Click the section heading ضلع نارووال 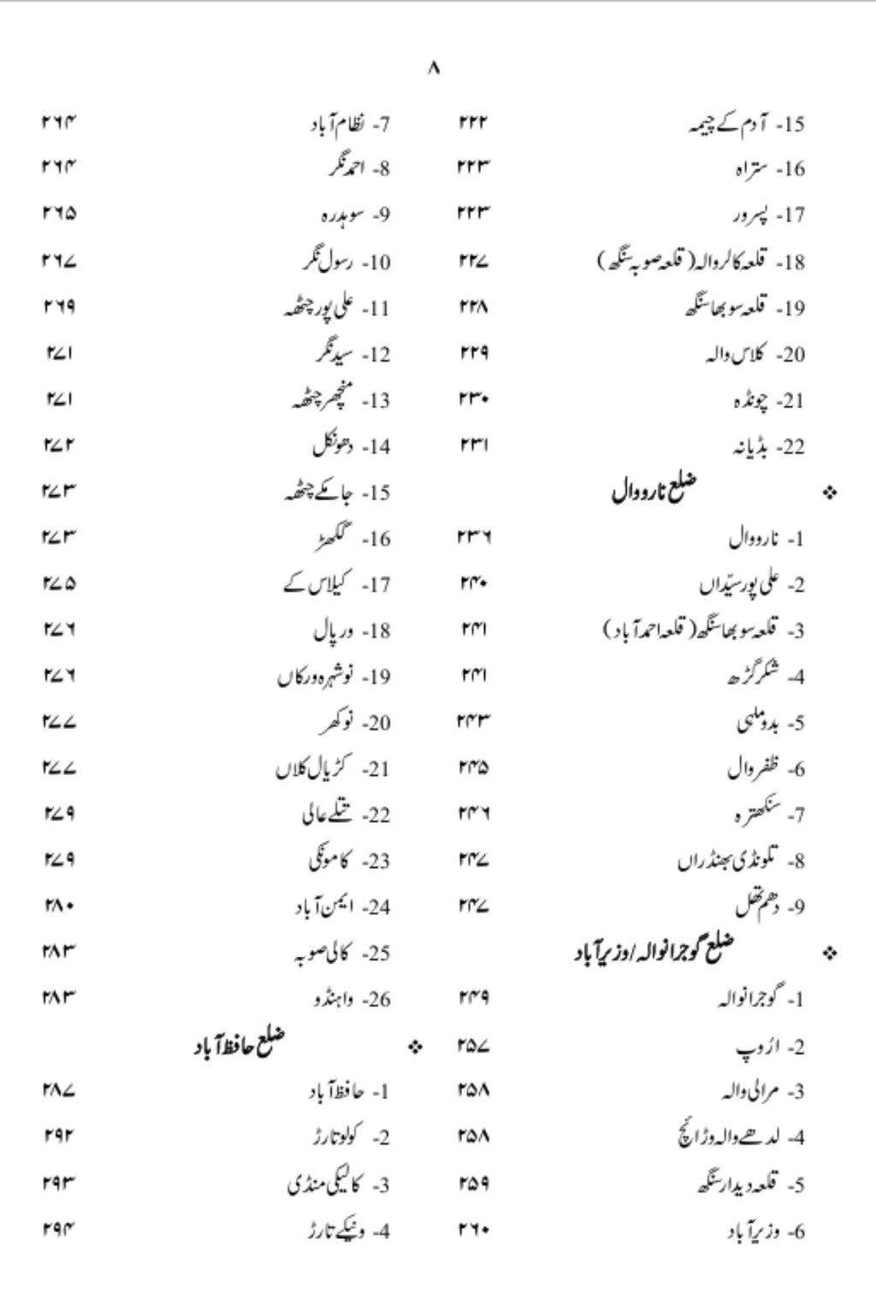(654, 491)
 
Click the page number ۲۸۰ (58, 905)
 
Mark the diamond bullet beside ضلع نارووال (829, 493)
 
